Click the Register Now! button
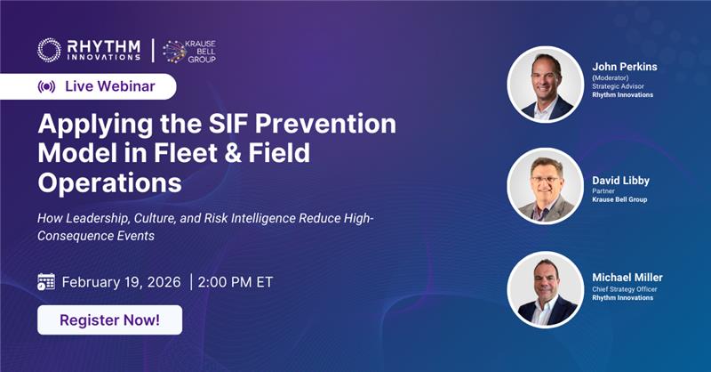tap(109, 319)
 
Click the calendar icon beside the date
tap(46, 282)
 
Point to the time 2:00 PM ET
tap(235, 282)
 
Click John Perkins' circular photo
tap(545, 84)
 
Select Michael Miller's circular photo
tap(545, 289)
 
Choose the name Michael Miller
tap(627, 277)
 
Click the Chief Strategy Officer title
tap(631, 289)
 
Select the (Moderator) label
tap(612, 77)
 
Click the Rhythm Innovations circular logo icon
tap(49, 50)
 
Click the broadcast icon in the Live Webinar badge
tap(46, 87)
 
